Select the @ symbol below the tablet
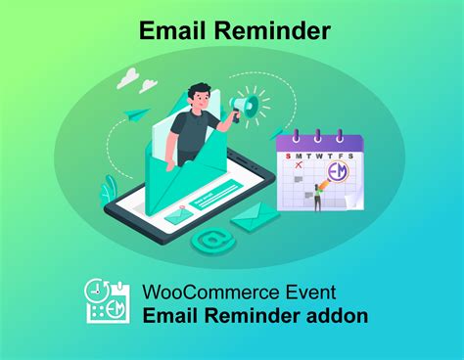(x=209, y=239)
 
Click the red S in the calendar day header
(x=288, y=157)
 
